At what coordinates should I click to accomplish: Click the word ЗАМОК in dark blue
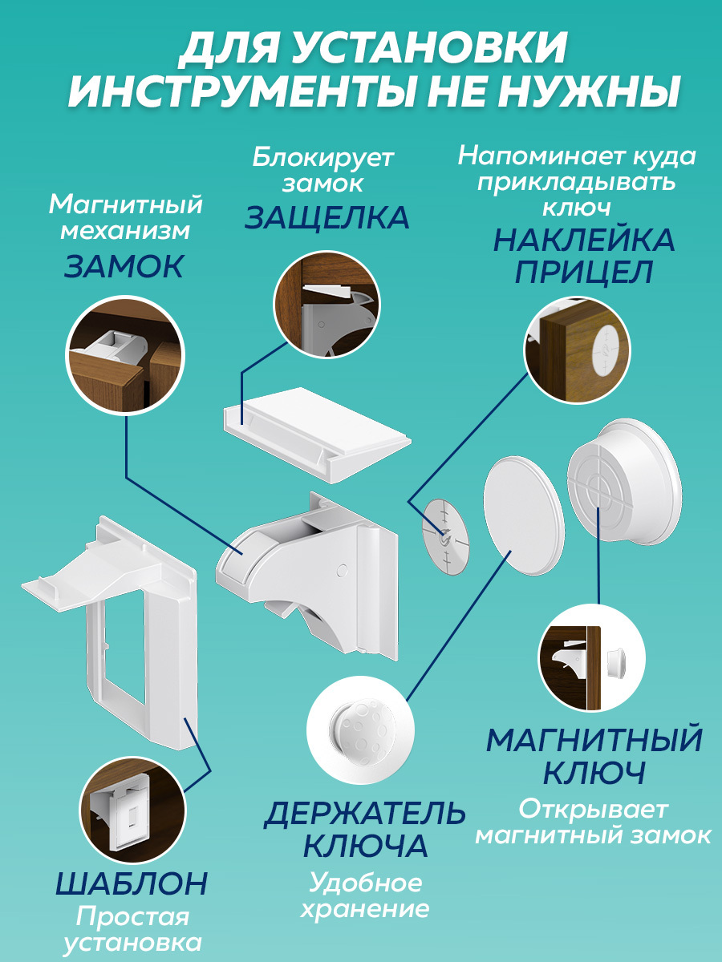[x=124, y=266]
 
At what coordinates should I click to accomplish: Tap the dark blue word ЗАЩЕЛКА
[x=327, y=217]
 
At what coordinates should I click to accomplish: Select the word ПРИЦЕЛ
[x=584, y=272]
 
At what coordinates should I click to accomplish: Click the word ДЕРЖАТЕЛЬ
[x=364, y=813]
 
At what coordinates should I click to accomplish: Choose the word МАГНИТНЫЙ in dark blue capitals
[x=594, y=740]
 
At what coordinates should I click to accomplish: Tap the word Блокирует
[x=323, y=157]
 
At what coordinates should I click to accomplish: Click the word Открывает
[x=593, y=810]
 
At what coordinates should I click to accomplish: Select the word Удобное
[x=366, y=883]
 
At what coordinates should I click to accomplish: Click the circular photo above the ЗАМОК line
[x=125, y=355]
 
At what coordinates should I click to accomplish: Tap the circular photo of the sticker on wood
[x=577, y=350]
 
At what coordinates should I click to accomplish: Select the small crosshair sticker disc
[x=446, y=536]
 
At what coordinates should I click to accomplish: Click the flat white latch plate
[x=317, y=434]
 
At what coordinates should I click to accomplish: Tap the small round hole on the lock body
[x=343, y=570]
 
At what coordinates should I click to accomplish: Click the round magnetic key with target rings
[x=624, y=483]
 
